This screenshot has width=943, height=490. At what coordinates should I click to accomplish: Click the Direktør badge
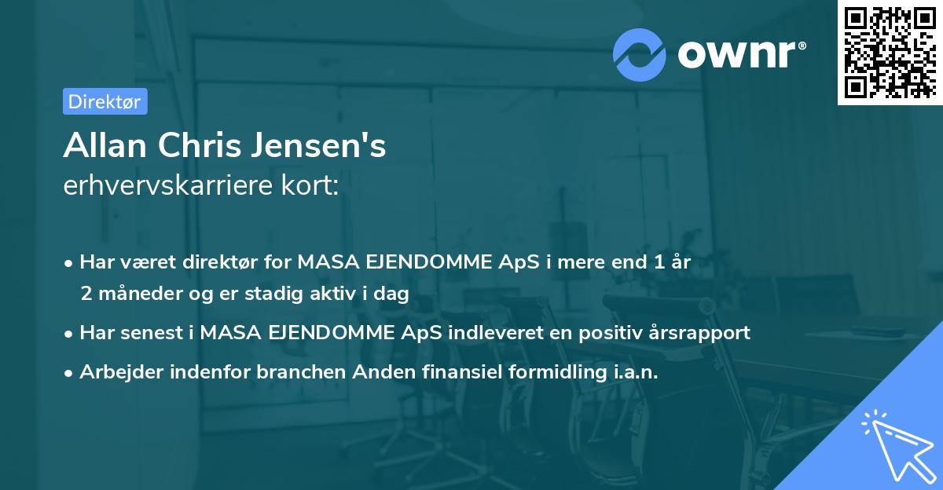click(x=105, y=101)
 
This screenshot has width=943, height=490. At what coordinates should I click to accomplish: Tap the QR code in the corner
click(x=890, y=53)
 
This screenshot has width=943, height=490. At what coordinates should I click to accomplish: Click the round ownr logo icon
click(x=639, y=54)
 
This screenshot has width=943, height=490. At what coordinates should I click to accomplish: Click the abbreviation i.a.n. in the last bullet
click(x=636, y=372)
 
